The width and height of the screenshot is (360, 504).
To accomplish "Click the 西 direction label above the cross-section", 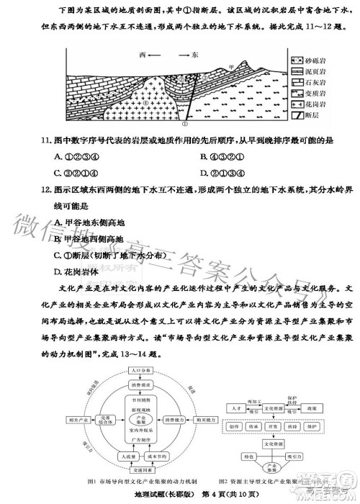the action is coord(143,55).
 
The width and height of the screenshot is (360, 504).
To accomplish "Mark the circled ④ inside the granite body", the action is coord(145,102).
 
